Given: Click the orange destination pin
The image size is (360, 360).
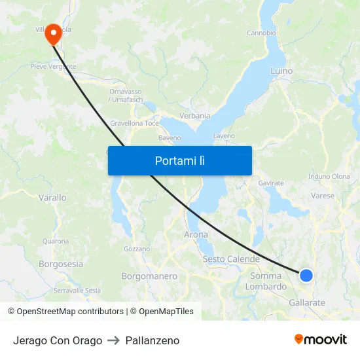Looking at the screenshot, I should point(52,33).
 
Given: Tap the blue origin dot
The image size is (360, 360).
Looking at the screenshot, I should point(306,276).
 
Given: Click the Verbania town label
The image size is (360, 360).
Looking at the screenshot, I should point(195,116).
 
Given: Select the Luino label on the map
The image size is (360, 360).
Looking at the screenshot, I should point(281,70).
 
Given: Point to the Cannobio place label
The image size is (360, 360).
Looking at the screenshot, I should point(261,33).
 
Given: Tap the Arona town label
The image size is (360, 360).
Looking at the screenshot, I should point(196,234).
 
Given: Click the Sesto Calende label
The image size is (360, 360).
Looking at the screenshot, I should point(231,259).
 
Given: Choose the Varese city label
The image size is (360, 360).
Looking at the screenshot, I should point(322,196).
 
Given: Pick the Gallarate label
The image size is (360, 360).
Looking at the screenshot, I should point(307,303).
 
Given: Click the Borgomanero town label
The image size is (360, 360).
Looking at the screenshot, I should point(149,276).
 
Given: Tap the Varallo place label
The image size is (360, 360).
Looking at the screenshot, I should point(52,197).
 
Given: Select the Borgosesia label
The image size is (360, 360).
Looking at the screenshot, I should point(61,264).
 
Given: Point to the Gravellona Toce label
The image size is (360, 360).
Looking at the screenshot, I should point(134,123).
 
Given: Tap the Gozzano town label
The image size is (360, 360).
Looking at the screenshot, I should point(137,249).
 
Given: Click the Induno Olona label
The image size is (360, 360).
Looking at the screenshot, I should point(329,177).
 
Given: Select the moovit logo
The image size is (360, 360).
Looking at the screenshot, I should point(321,339).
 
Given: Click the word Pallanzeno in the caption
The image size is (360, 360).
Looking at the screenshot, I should point(152,340).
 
